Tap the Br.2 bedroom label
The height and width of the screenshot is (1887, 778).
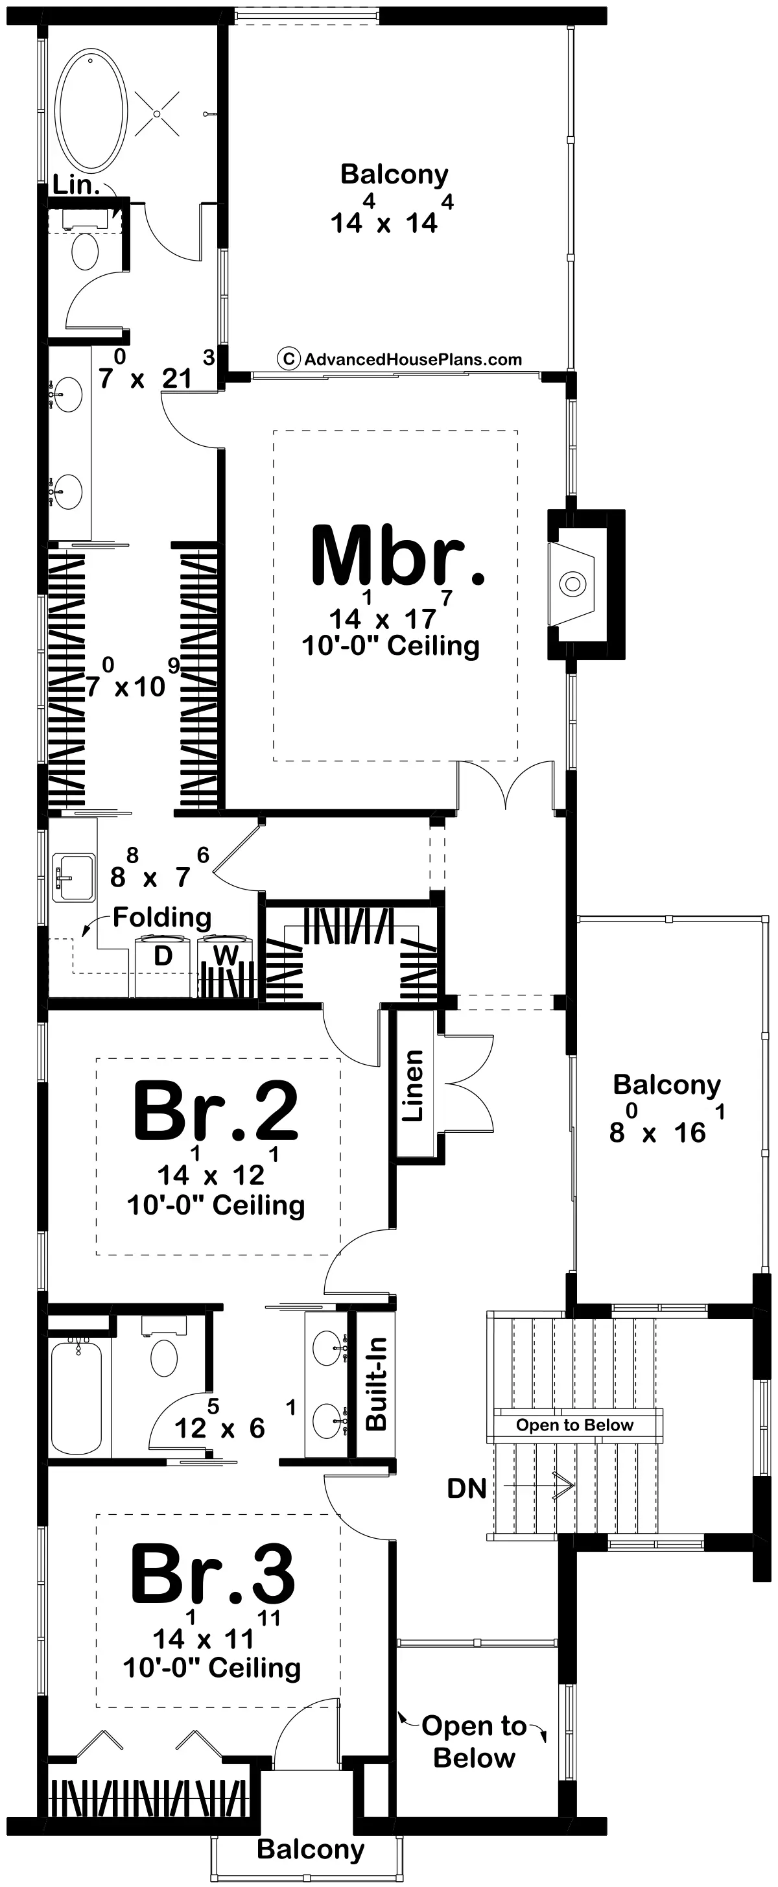click(x=215, y=1111)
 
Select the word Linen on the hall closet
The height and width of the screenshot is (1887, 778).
click(x=413, y=1086)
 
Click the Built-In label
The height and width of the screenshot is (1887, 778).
click(x=376, y=1384)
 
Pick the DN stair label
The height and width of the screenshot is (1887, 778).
click(x=467, y=1488)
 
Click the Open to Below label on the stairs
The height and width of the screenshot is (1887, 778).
click(x=574, y=1425)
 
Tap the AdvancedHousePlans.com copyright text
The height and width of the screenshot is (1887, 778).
click(x=400, y=359)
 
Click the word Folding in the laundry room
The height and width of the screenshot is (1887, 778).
click(x=162, y=918)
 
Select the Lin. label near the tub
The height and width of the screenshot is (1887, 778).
click(x=77, y=185)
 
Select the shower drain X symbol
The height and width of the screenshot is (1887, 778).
click(x=157, y=113)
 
